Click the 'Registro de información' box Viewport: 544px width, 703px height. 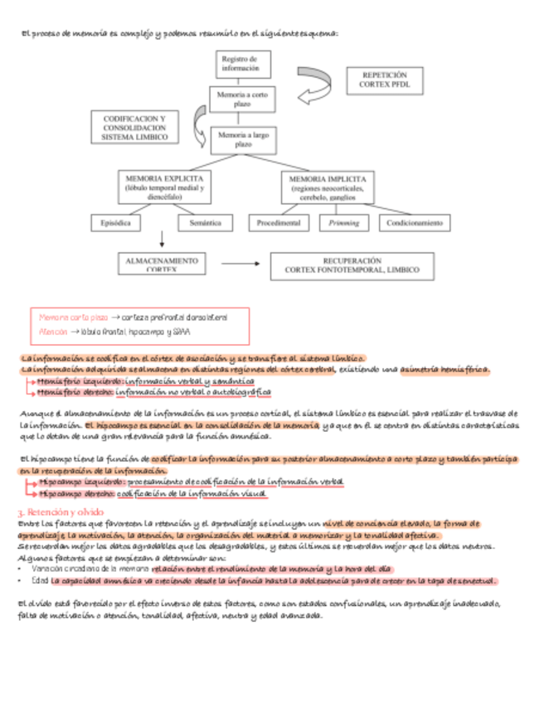240,65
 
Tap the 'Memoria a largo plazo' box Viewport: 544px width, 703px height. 242,138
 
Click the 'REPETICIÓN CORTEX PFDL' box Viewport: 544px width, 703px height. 384,80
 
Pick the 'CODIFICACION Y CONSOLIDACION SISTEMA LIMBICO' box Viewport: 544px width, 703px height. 134,128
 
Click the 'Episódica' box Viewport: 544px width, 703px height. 115,223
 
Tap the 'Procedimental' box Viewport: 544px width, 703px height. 279,223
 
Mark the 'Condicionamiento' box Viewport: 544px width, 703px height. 415,223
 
